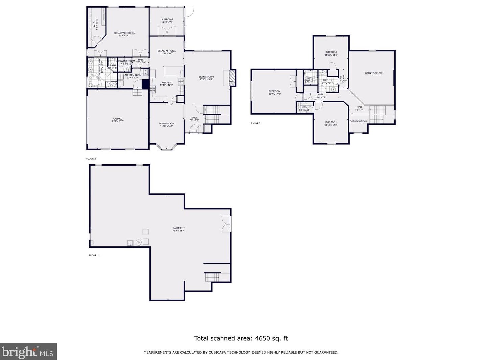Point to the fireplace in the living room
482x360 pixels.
[x=232, y=78]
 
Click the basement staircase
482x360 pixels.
[x=212, y=277]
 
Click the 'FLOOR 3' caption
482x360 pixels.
[x=256, y=123]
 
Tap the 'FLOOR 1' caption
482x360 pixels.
[x=94, y=255]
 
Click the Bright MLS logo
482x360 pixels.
[x=28, y=352]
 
